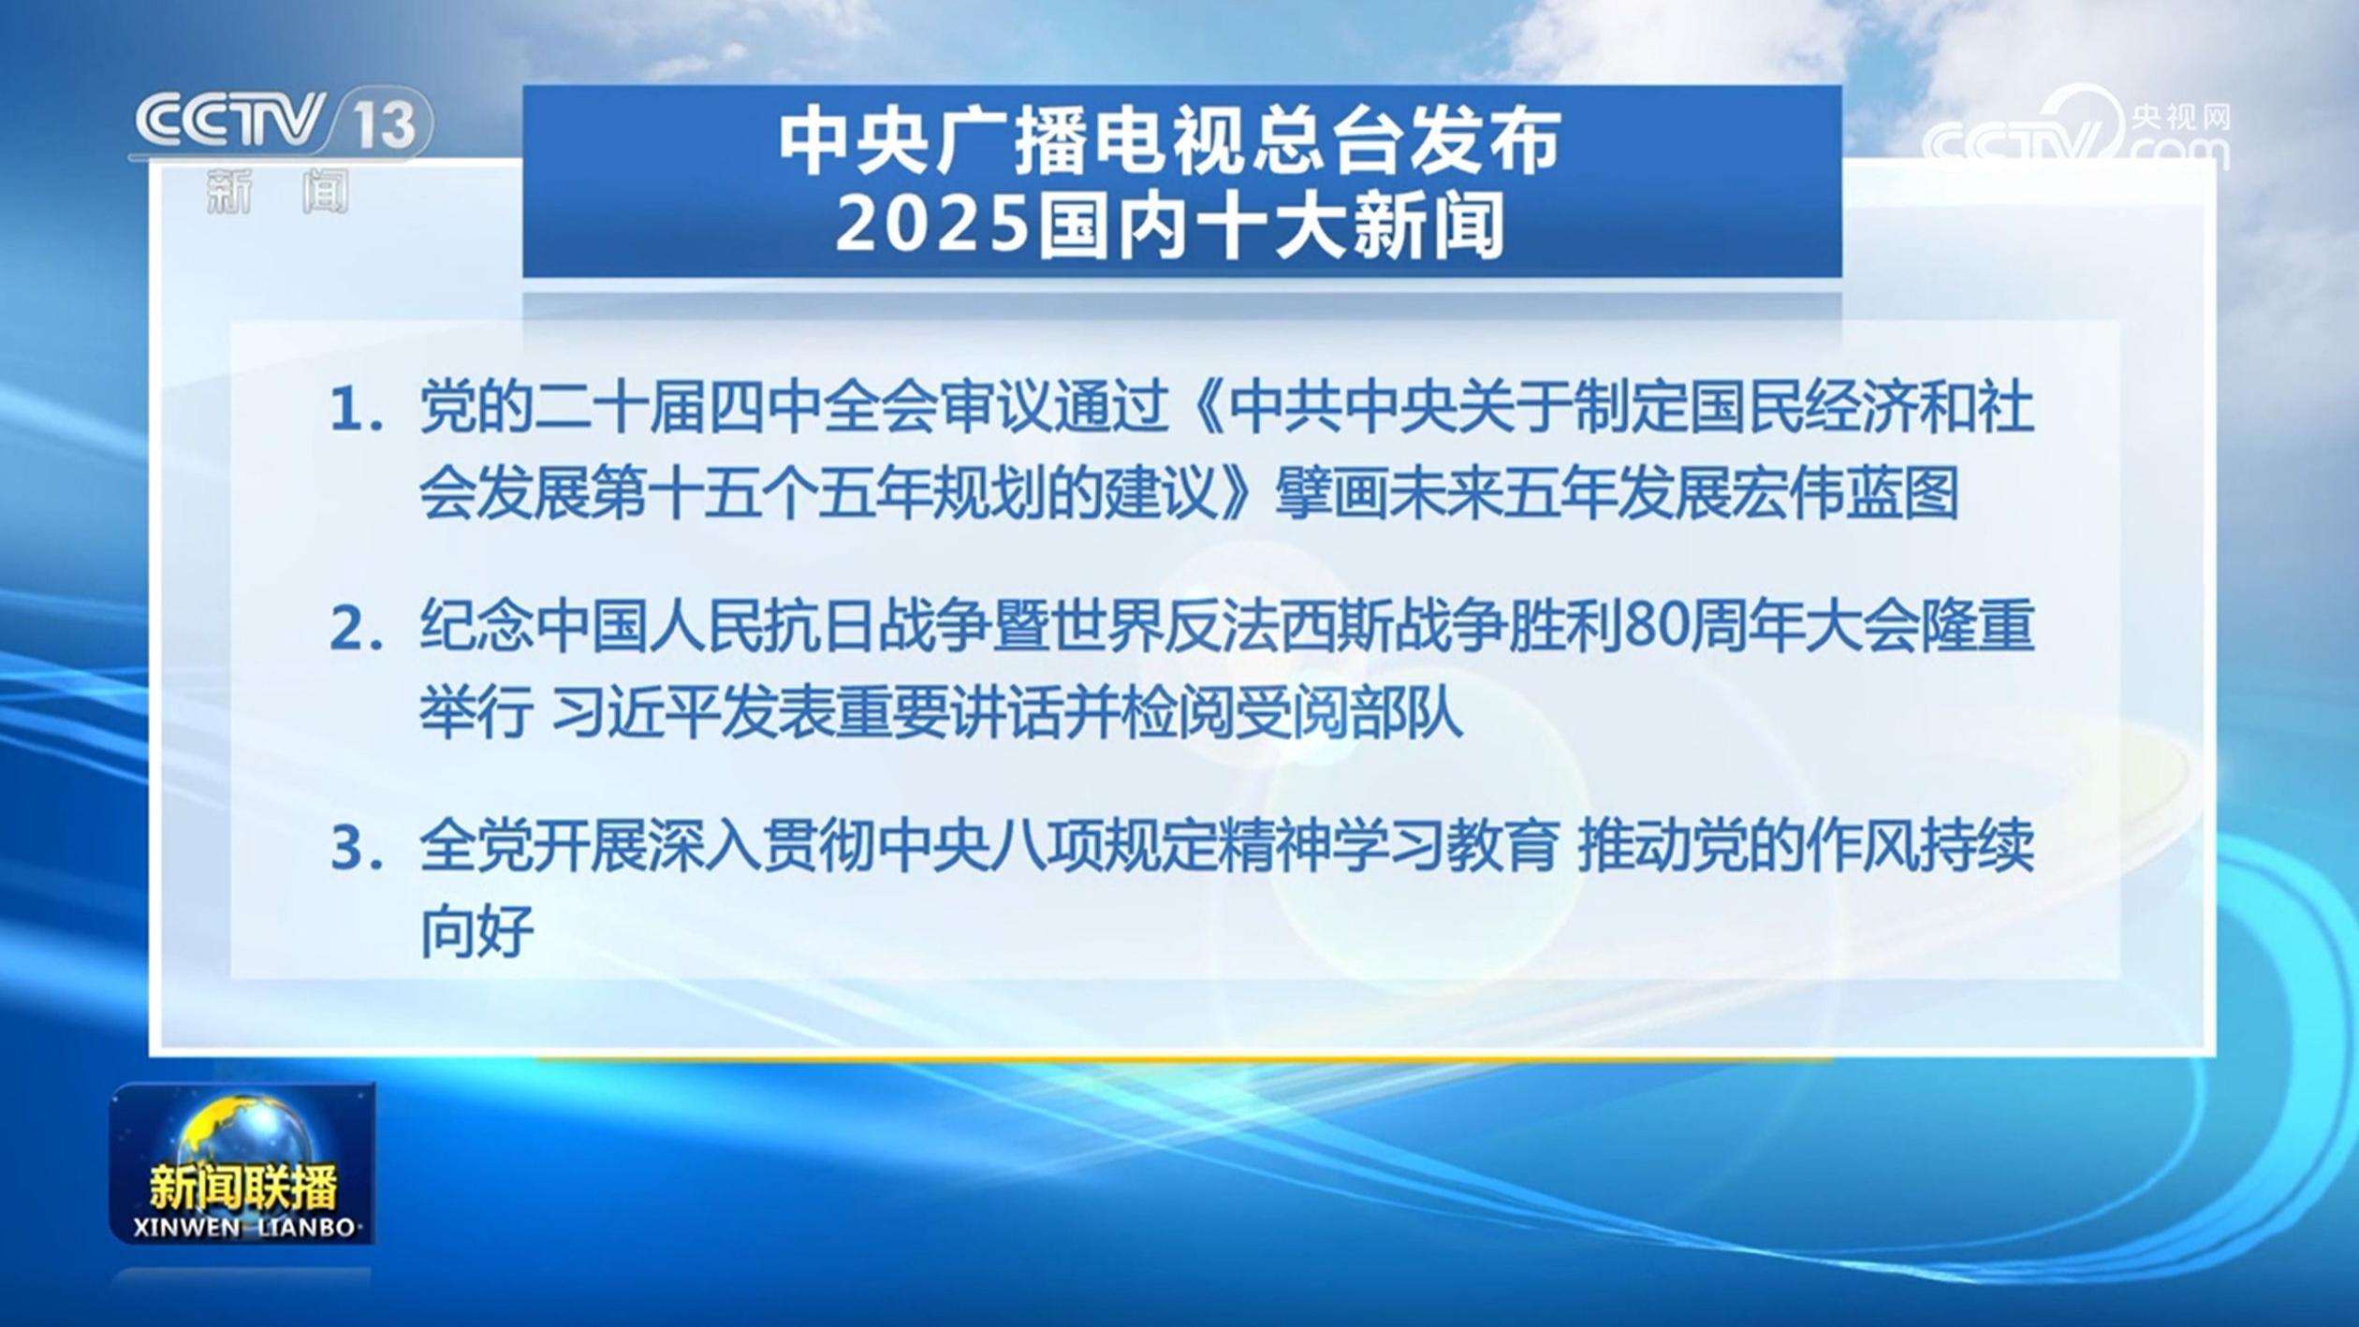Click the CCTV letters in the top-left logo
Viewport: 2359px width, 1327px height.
coord(229,121)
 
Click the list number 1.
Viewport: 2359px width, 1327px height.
coord(356,413)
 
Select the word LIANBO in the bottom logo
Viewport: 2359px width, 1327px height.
coord(303,1227)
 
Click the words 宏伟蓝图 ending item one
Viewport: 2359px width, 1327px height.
coord(1843,493)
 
